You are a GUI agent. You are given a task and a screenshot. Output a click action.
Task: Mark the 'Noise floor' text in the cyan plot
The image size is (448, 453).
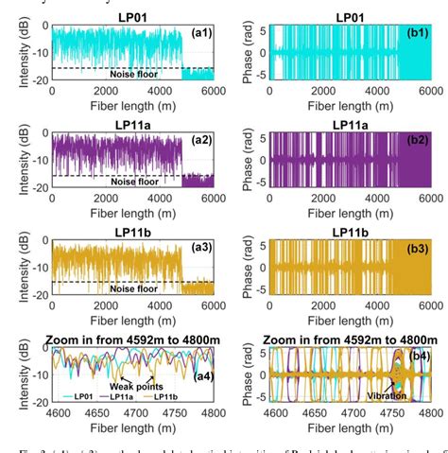pyautogui.click(x=135, y=73)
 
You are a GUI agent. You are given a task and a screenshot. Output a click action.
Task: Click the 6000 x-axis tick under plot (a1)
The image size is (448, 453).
pyautogui.click(x=210, y=90)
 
